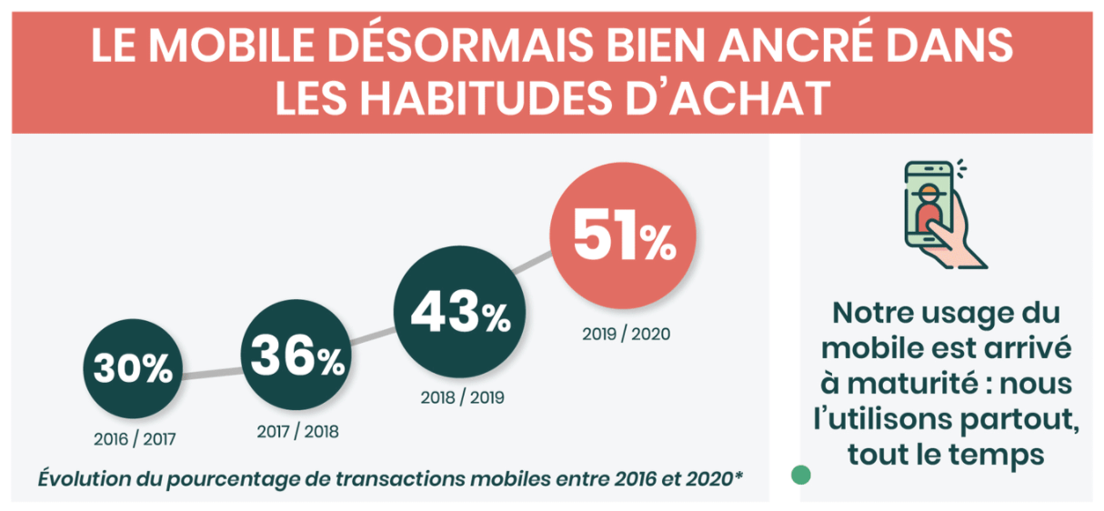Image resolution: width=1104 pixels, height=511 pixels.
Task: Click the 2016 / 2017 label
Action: tap(134, 440)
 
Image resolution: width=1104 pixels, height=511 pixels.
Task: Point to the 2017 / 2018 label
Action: tap(297, 431)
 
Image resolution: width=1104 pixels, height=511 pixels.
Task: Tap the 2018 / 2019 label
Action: tap(462, 397)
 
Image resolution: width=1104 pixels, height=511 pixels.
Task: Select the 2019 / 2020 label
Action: tap(626, 334)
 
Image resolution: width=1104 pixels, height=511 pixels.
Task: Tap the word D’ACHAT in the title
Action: tap(726, 99)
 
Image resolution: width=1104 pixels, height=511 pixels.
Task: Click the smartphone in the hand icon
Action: tap(928, 205)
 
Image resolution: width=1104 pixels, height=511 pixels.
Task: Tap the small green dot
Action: tap(800, 475)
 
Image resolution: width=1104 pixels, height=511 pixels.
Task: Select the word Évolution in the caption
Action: tap(83, 478)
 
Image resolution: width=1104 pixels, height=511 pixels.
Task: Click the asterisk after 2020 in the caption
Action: tap(738, 475)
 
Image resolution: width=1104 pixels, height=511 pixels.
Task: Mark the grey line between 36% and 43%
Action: tap(375, 337)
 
